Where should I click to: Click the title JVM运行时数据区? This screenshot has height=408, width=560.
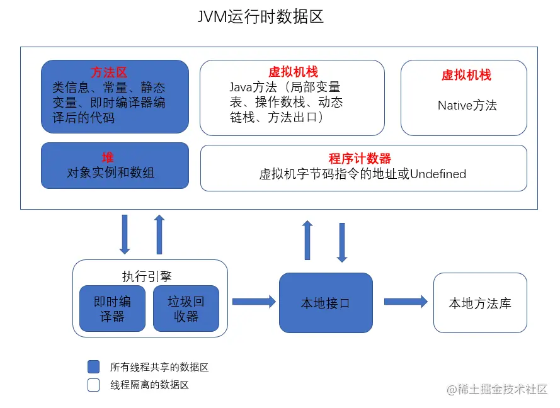(260, 17)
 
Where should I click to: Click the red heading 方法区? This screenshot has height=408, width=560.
(109, 73)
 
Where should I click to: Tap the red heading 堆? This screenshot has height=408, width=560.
(108, 157)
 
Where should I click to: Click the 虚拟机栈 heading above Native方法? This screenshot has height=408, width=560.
(466, 75)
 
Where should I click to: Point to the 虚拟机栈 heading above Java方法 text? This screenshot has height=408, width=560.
(293, 72)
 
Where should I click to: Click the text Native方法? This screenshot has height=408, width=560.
(467, 105)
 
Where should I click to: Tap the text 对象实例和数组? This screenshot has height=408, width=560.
(111, 173)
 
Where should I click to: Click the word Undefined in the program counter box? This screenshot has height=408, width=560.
(438, 174)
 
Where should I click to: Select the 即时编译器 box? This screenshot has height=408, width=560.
(112, 309)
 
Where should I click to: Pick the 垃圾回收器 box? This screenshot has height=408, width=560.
(186, 309)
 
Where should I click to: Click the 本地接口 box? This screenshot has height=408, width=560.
(326, 303)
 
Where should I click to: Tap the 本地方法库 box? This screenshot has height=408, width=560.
(479, 303)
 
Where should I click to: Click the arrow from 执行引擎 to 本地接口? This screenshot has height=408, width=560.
(254, 302)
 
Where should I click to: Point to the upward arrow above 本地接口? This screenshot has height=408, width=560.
(307, 240)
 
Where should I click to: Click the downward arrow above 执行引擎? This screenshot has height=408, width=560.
(124, 234)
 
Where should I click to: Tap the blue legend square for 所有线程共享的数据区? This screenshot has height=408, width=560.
(93, 367)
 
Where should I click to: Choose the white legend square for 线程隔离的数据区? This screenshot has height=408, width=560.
(93, 385)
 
